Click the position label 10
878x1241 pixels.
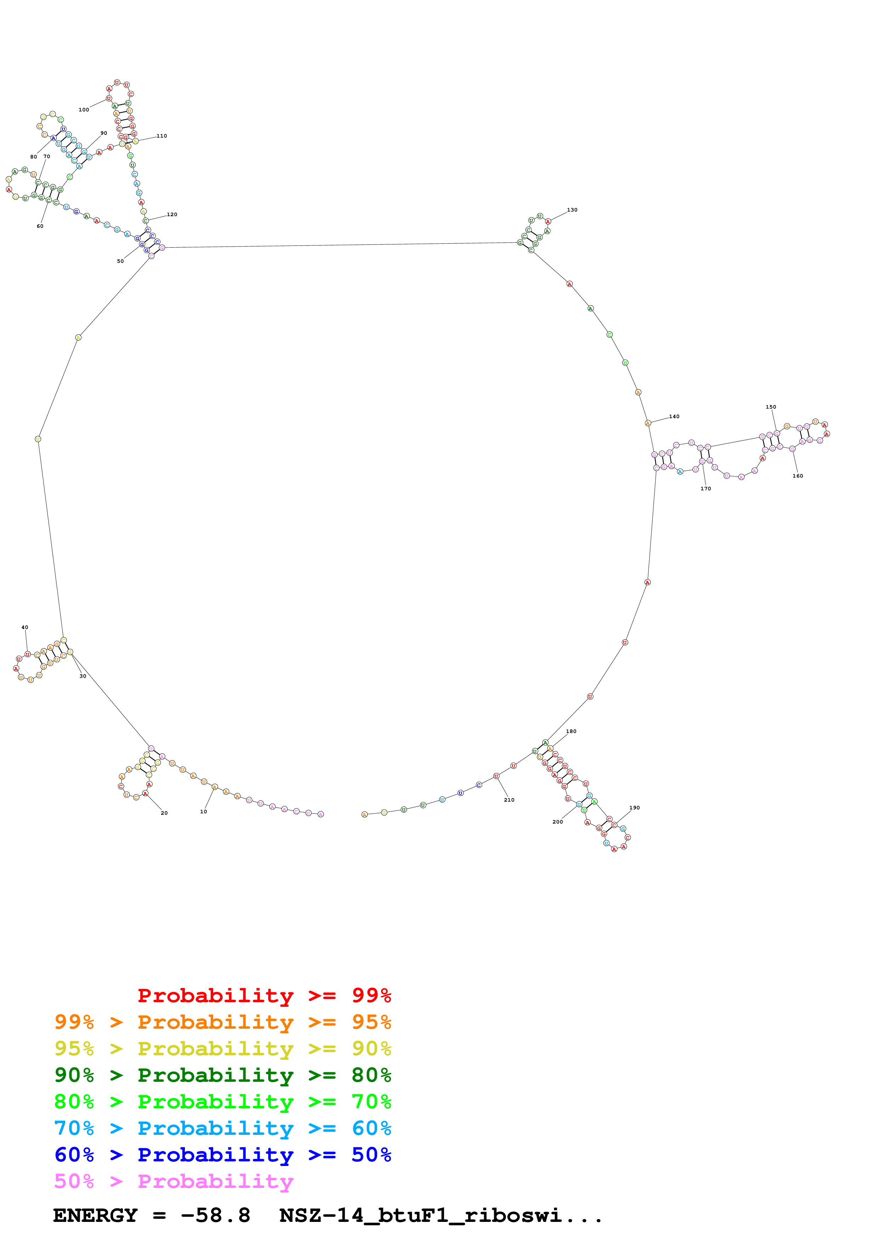pos(203,811)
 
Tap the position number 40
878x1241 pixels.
pos(24,628)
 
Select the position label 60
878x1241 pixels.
pos(40,226)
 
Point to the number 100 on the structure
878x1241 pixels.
pos(84,110)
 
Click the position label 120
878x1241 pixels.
pos(172,215)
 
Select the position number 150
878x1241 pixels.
pos(771,406)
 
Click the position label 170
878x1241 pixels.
pos(706,489)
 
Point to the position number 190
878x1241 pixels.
pos(635,808)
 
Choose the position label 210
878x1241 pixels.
pos(509,800)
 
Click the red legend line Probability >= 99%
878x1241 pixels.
pos(264,995)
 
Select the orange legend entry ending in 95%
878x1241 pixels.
pos(222,1022)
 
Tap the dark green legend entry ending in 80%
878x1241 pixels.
pos(222,1075)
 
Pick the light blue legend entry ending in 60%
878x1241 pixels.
pos(222,1128)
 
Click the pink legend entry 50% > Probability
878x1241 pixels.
pos(174,1181)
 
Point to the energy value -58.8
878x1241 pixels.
pos(215,1216)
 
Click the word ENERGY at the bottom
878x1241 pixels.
pos(95,1216)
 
